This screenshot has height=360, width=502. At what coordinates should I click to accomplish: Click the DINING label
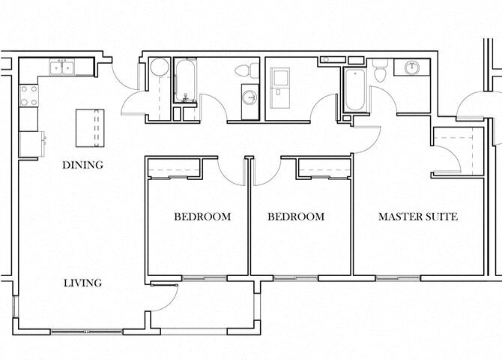point(82,165)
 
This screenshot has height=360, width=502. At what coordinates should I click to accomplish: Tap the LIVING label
point(82,283)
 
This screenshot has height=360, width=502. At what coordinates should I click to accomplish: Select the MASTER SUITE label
point(417,217)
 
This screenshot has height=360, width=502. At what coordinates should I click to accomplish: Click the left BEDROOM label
point(202,217)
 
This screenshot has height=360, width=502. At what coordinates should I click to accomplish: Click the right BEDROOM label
point(296,217)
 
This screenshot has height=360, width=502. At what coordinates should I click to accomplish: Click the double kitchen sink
point(61,68)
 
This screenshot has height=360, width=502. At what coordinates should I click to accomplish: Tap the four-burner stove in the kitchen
point(28,94)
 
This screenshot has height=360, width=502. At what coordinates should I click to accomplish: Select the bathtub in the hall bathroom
point(185,82)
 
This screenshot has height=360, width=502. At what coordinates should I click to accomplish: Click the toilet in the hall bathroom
point(243,71)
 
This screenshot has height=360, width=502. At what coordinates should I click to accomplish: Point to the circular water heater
point(159,68)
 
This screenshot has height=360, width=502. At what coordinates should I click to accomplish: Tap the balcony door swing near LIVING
point(165,296)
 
